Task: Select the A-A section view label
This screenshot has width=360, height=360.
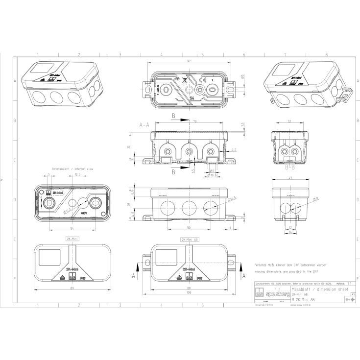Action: point(144,125)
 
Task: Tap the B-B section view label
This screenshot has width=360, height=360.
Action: point(289,167)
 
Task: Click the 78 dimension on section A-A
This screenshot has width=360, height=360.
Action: point(195,121)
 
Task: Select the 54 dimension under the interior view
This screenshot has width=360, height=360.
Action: point(72,229)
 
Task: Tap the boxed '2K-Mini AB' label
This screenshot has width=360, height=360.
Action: point(190,240)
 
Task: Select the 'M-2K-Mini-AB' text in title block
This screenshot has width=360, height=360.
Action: point(303,299)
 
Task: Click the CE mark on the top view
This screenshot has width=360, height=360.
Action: point(202,79)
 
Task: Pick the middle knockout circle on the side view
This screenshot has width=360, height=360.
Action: point(189,206)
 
